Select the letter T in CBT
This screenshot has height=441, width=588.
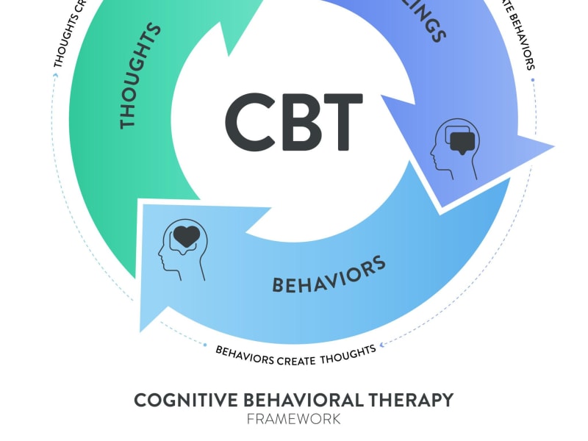tap(343, 122)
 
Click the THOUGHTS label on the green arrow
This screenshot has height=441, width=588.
tap(139, 76)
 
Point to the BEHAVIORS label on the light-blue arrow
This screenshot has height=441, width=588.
tap(329, 275)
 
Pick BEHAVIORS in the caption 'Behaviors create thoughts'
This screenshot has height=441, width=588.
tap(245, 356)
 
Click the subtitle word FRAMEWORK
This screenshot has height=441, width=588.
tap(293, 419)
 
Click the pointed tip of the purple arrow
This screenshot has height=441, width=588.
tap(553, 146)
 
